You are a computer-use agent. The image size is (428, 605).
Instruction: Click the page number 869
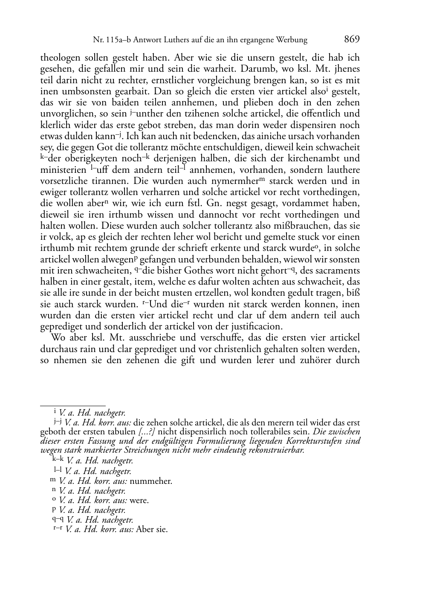coord(352,39)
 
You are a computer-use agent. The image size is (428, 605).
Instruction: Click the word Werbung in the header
coord(292,40)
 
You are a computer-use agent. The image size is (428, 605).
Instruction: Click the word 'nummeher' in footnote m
coord(150,482)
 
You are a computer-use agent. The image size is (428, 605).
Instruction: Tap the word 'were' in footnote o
coord(139,500)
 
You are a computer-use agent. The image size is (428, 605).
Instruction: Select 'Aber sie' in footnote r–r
coord(152,529)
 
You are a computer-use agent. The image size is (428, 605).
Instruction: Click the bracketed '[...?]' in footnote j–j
coord(147,431)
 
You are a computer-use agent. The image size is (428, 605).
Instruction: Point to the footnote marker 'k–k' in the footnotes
coord(58,460)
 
